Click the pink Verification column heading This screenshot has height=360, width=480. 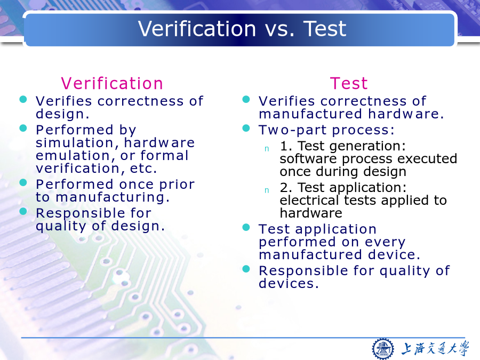click(x=112, y=83)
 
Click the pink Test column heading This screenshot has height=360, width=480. click(x=349, y=83)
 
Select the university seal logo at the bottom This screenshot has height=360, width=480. click(x=382, y=349)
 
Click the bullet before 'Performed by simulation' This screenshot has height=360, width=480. click(x=23, y=128)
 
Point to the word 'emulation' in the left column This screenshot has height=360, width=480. click(x=72, y=156)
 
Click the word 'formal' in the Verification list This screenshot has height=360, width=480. click(x=164, y=155)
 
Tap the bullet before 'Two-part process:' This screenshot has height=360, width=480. click(x=246, y=128)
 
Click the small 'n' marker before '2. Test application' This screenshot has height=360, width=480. click(x=267, y=190)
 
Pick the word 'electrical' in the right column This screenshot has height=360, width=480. click(x=309, y=200)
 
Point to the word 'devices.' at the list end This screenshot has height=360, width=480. click(x=289, y=284)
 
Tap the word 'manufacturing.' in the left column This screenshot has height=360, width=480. click(x=113, y=197)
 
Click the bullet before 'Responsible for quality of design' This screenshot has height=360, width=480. click(x=23, y=211)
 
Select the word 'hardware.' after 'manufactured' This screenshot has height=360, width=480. click(x=406, y=114)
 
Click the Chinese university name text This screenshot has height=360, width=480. click(x=435, y=348)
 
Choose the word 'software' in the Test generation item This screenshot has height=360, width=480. click(x=308, y=159)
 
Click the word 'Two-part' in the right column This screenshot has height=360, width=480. click(x=293, y=131)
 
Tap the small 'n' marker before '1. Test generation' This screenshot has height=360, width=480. click(x=267, y=149)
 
